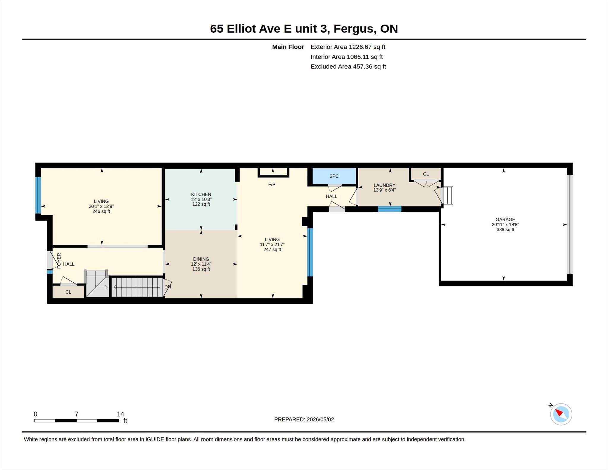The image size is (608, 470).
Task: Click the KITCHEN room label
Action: click(x=201, y=194)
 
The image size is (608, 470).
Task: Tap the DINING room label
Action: click(x=201, y=259)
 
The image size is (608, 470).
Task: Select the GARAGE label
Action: click(x=505, y=220)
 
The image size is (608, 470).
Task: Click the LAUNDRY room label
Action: click(x=384, y=185)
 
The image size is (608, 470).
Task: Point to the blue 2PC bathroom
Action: click(x=334, y=176)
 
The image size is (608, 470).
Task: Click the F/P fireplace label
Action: click(x=272, y=184)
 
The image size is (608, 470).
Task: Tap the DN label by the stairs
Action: click(x=168, y=287)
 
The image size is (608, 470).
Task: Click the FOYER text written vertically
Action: click(x=59, y=261)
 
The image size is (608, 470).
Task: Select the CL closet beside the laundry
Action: click(x=426, y=174)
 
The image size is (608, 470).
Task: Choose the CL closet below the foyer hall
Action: click(x=68, y=292)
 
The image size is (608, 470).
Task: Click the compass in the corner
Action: click(x=561, y=414)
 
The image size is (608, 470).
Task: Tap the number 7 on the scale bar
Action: click(x=76, y=414)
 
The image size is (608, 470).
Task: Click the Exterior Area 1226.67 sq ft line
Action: click(x=348, y=47)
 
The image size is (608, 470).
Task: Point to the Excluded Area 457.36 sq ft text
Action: click(x=348, y=67)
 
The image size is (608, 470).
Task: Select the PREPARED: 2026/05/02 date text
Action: click(x=304, y=420)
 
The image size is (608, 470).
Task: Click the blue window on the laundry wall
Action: click(x=389, y=209)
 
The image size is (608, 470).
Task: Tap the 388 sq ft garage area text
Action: click(x=505, y=230)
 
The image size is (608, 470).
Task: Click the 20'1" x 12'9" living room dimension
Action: click(x=101, y=206)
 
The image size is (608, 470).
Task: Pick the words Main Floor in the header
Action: click(x=288, y=47)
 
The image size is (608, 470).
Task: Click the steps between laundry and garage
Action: click(x=448, y=195)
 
